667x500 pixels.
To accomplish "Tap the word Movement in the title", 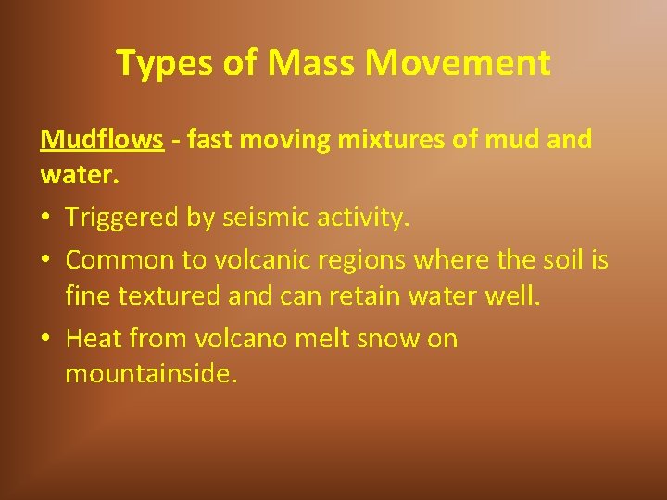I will (x=458, y=63).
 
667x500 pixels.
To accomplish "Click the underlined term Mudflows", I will (x=102, y=140).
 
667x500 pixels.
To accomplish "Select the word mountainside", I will (x=150, y=375).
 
